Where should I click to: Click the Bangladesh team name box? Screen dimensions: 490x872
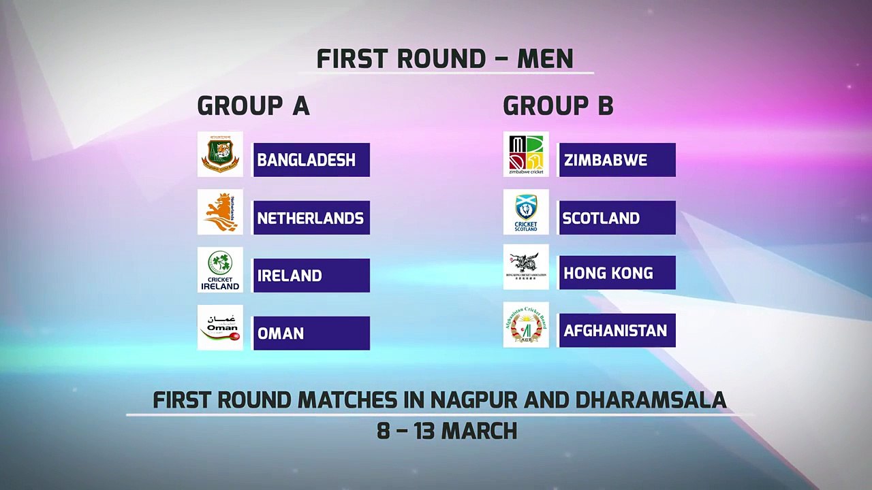[x=311, y=160]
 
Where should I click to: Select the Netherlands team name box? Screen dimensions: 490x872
[x=311, y=218]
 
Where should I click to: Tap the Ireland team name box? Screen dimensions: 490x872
[x=311, y=276]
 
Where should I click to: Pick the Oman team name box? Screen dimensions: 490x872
[x=311, y=333]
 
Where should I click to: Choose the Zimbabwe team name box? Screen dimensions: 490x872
[x=617, y=160]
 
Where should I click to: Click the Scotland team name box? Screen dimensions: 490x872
[x=617, y=218]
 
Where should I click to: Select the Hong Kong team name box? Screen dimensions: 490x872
[x=617, y=273]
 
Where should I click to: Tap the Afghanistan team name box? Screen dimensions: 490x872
[x=617, y=331]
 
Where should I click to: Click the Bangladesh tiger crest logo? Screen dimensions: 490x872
[x=220, y=154]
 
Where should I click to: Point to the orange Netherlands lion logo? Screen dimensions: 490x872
[x=220, y=212]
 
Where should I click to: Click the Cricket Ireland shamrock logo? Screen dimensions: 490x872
[x=220, y=270]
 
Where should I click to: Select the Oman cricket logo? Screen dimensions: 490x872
[x=220, y=327]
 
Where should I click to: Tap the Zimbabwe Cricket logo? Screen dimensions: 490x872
[x=526, y=154]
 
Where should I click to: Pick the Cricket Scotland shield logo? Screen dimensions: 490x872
[x=526, y=212]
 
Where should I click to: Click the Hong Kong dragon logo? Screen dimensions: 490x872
[x=526, y=267]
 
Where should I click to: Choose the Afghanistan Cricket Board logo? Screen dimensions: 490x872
[x=526, y=325]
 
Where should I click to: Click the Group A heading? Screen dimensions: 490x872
[x=253, y=106]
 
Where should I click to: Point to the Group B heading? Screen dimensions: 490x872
[x=558, y=106]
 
